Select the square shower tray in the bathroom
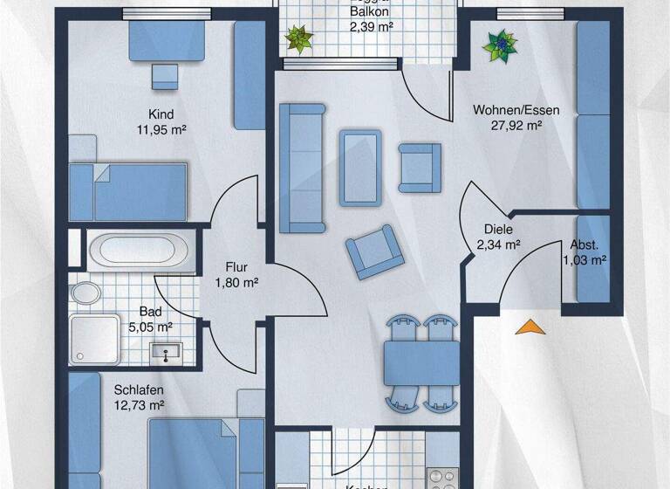tap(95, 337)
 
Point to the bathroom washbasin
tap(165, 352)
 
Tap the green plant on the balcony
tap(300, 37)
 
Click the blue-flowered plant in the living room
tap(502, 45)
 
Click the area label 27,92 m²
tap(516, 126)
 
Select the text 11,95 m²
tap(161, 129)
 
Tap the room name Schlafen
tap(139, 389)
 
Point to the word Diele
tap(499, 231)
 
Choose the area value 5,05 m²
tap(149, 327)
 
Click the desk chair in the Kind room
tap(164, 76)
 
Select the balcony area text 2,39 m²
tap(370, 27)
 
